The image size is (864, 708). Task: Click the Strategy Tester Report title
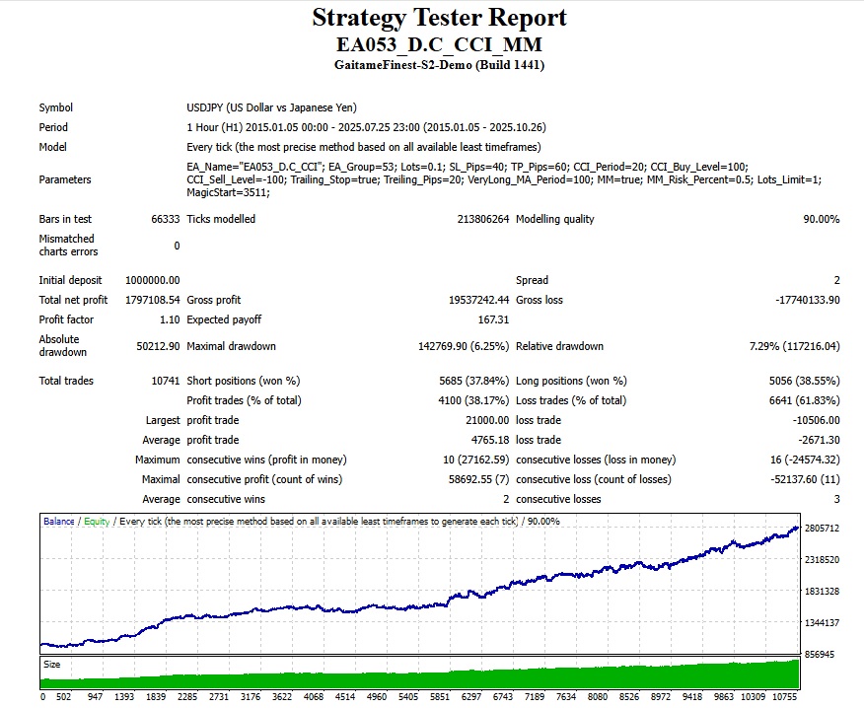439,18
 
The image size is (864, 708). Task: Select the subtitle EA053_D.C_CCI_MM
439,45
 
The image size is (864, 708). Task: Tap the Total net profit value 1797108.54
152,300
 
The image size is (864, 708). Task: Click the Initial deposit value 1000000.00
152,280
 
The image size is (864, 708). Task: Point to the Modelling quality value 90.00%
821,219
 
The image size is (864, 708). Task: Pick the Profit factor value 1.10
169,319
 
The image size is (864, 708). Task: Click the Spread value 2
836,280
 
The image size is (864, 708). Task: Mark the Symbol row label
55,107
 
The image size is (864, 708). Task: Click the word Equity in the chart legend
97,522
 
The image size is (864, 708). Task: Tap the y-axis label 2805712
822,529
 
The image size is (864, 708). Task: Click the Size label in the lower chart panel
51,665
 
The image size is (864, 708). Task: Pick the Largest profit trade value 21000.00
483,420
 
